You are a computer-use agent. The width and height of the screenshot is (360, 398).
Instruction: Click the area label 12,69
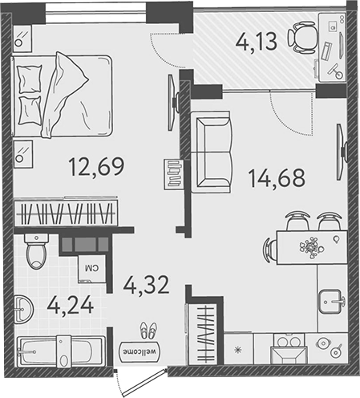coord(90,168)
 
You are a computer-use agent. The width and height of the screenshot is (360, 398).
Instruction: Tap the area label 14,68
coord(277,177)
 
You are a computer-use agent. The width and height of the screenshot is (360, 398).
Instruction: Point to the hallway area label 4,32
coord(146,283)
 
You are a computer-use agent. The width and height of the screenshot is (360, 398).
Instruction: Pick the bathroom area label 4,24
coord(69,305)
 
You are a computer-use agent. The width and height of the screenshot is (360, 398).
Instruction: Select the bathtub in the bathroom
coord(61,354)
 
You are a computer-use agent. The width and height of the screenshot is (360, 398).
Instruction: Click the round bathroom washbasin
coord(26,307)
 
